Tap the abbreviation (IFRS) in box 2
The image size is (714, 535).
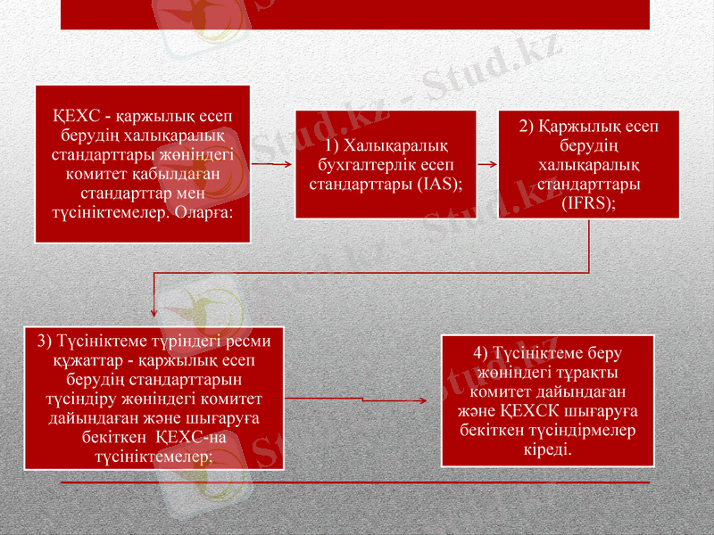click(x=589, y=203)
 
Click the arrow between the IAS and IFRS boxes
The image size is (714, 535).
click(x=487, y=165)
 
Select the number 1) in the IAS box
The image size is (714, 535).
click(x=332, y=145)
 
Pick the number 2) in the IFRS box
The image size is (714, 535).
click(x=527, y=126)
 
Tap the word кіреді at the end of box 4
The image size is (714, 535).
click(x=547, y=446)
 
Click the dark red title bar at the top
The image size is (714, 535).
click(x=355, y=12)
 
